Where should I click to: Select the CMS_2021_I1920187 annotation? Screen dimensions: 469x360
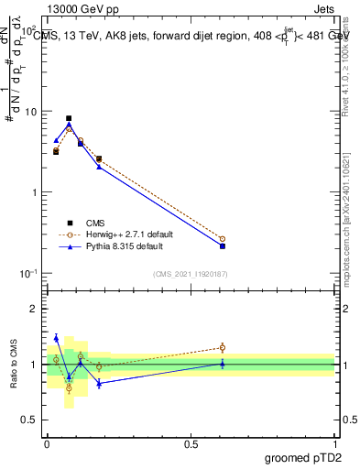[x=191, y=273]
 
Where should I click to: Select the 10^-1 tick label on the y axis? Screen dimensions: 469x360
[x=28, y=274]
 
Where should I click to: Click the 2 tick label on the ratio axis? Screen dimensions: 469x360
[x=36, y=309]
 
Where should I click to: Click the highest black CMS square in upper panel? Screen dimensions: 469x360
[x=69, y=118]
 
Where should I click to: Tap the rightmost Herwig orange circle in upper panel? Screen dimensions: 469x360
[x=223, y=239]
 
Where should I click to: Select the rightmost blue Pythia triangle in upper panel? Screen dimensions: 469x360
[x=223, y=245]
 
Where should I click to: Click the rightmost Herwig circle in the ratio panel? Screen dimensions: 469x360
[x=223, y=347]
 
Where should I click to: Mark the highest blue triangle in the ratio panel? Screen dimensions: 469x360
[x=56, y=338]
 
